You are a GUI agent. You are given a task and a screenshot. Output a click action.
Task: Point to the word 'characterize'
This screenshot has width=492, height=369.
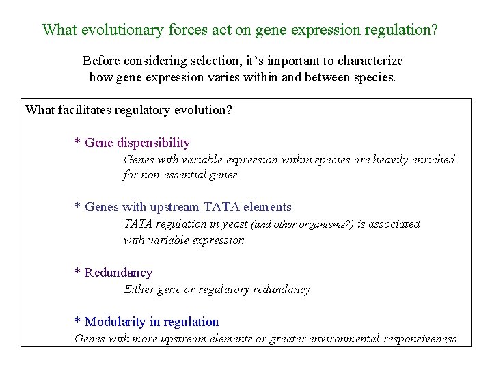[367, 61]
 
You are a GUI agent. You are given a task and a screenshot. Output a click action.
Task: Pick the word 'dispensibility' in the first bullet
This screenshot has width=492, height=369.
[154, 143]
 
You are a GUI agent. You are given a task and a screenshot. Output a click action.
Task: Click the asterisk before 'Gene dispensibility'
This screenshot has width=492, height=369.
[78, 143]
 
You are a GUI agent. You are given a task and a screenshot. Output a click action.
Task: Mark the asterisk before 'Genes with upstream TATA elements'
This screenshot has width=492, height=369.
[78, 208]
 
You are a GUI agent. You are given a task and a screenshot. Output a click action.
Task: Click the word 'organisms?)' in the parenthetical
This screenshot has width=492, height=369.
[327, 224]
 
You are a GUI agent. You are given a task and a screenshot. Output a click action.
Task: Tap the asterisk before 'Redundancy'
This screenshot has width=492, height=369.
[78, 273]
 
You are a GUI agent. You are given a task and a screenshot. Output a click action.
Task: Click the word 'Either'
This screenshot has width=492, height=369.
[139, 289]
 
